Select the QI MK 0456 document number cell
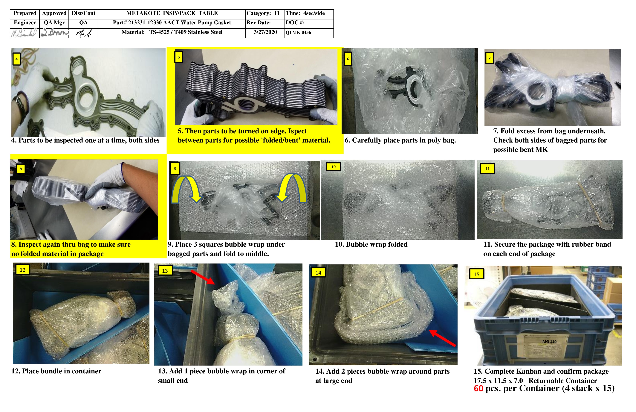tap(298, 33)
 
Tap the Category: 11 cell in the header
tap(263, 13)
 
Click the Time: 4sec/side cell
tap(305, 13)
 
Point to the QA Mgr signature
tap(54, 33)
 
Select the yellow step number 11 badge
tap(487, 169)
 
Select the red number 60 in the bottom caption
tap(478, 388)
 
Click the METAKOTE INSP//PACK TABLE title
tap(172, 13)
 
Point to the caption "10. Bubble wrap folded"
tap(371, 245)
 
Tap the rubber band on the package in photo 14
tap(377, 309)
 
